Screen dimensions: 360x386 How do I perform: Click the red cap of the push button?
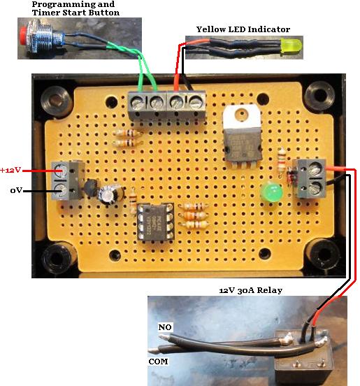point(23,36)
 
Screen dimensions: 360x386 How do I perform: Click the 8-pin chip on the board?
point(155,222)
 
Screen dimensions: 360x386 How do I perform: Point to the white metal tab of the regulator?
point(241,117)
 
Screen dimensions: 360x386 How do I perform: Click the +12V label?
point(10,170)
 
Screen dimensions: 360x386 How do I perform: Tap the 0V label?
point(16,190)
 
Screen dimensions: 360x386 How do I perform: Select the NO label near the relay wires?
point(165,327)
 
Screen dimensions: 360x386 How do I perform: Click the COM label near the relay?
point(158,362)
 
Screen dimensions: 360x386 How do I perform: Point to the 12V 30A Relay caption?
point(250,290)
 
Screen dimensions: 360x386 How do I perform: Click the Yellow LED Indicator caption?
point(243,29)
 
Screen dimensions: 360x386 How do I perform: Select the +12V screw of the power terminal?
point(59,171)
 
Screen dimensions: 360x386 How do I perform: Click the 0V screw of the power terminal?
point(60,191)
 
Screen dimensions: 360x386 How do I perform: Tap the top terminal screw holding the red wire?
point(177,101)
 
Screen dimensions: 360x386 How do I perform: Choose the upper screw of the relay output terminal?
point(315,170)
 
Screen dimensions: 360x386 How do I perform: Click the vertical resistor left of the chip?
point(133,200)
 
